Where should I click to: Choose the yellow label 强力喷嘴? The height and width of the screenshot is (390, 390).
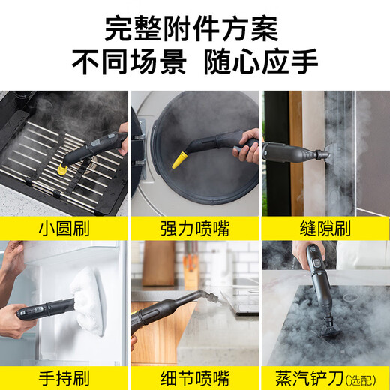tap(193, 227)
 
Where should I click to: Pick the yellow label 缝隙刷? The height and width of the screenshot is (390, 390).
tap(325, 227)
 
